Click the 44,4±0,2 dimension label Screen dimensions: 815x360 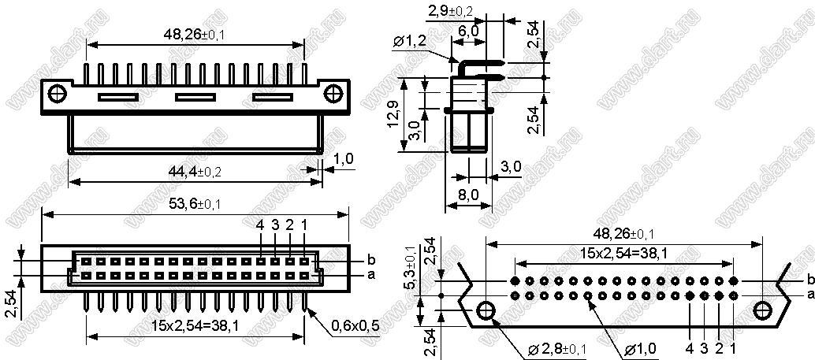(192, 172)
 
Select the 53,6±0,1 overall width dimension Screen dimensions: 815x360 (191, 204)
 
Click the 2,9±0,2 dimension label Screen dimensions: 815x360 (449, 10)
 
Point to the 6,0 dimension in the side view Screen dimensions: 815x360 (468, 31)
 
